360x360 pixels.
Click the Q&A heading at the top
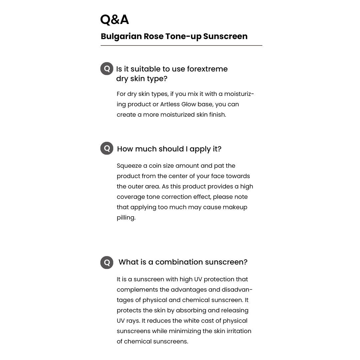[114, 20]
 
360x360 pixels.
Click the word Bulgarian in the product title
[121, 36]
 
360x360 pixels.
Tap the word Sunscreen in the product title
[225, 36]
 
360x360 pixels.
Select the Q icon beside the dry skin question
[107, 69]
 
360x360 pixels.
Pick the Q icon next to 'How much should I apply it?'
[107, 148]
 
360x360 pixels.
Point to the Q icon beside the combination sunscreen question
[107, 262]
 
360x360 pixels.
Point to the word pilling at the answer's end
[126, 218]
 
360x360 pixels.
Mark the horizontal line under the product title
[181, 45]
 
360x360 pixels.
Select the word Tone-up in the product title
[183, 36]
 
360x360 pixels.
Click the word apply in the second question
[200, 149]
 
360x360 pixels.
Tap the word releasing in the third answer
[235, 310]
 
